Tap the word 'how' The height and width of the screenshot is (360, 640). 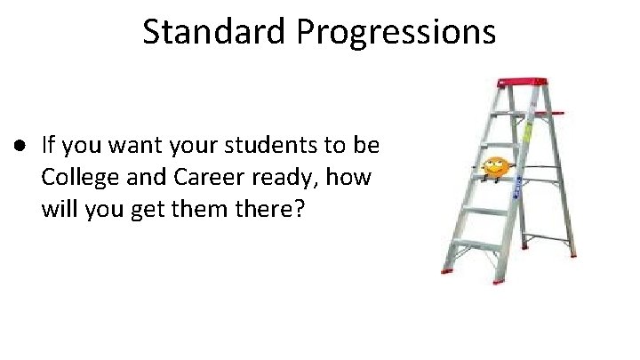351,179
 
